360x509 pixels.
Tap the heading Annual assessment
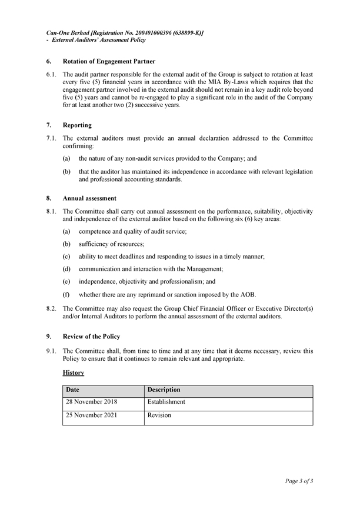coord(89,198)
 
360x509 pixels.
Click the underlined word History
coord(73,373)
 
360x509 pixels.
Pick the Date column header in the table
coord(72,390)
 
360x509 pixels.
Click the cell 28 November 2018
coord(92,402)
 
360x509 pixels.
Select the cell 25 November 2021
coord(92,415)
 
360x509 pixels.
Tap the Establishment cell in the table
coord(166,402)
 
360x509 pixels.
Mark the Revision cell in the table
coord(159,415)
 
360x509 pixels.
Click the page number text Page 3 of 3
coord(299,481)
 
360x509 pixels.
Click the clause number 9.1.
coord(51,351)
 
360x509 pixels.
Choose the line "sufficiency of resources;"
coord(111,244)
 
